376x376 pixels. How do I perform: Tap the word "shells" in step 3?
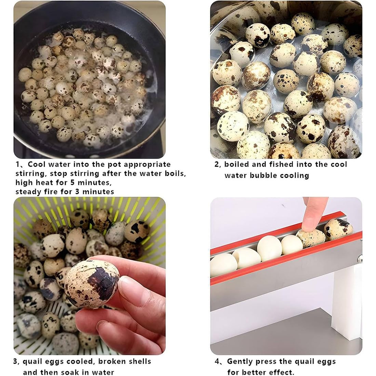(140, 361)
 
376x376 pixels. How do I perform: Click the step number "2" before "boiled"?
(217, 165)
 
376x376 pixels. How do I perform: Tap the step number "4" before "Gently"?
(217, 362)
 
